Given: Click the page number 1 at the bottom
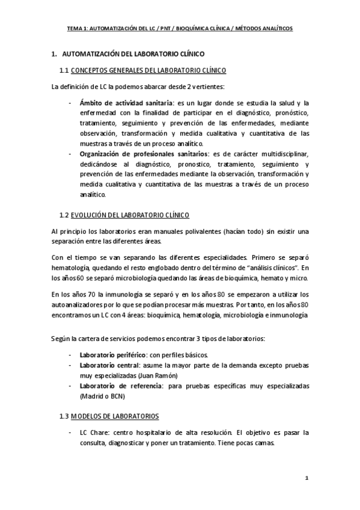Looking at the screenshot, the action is pyautogui.click(x=307, y=479).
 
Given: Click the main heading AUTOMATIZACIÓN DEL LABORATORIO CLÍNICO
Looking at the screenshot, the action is pyautogui.click(x=133, y=54).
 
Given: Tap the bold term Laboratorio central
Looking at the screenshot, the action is pyautogui.click(x=109, y=364).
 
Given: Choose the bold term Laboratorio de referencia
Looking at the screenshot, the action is pyautogui.click(x=121, y=386).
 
